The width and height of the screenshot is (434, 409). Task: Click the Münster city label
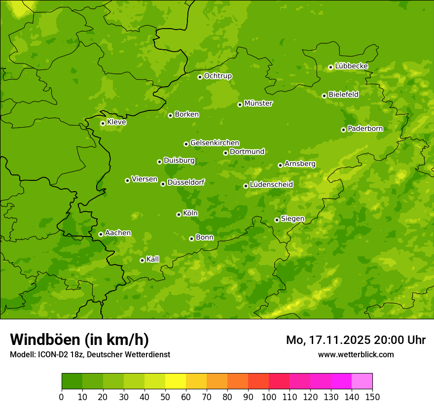[258, 103]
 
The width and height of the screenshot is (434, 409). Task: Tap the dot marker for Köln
[179, 214]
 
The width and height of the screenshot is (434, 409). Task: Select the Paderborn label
[365, 129]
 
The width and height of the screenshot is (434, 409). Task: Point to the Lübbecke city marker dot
[330, 67]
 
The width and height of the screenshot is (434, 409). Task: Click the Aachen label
[118, 233]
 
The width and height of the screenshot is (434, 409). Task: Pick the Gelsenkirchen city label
[215, 143]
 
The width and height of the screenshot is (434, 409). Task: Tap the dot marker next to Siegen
[277, 220]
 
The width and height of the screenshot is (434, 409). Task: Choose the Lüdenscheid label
[271, 185]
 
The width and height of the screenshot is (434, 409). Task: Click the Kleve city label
[116, 122]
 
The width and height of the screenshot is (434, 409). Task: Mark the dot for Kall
[142, 260]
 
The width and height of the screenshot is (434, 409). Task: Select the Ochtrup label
[218, 76]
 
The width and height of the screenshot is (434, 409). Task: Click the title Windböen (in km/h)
[79, 340]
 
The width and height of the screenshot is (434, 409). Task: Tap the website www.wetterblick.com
[356, 354]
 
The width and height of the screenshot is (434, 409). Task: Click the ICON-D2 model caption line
[90, 355]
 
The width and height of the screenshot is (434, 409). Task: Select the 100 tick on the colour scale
[269, 397]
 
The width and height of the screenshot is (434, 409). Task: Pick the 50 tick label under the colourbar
[165, 397]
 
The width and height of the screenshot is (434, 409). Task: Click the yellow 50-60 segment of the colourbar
[176, 381]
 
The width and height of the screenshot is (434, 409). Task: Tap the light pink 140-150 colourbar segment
[362, 381]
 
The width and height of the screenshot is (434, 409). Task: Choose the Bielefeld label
[343, 95]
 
